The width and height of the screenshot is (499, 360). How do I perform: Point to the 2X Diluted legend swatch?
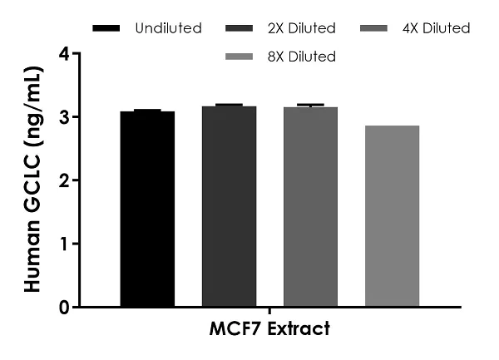[x=241, y=29]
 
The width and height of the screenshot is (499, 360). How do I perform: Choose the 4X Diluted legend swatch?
[x=376, y=29]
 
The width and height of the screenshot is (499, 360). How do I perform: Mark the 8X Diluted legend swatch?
[x=241, y=57]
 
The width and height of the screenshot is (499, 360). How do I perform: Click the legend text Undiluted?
[x=168, y=29]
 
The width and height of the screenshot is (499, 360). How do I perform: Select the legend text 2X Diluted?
[x=302, y=29]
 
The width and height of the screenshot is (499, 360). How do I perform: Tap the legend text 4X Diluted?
[x=436, y=29]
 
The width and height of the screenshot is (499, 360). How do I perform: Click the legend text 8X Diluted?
[x=302, y=57]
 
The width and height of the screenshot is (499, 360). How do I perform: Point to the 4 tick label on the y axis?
[x=63, y=54]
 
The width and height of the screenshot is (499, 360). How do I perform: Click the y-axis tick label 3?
[x=63, y=117]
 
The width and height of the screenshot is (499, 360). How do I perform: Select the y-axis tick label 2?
[x=63, y=180]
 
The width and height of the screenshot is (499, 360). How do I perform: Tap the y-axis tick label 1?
[x=63, y=244]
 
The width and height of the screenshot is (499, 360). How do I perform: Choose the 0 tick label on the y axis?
[x=63, y=307]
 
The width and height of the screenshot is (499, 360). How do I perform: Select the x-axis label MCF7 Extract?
[x=269, y=329]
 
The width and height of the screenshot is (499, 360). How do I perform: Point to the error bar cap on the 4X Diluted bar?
[x=310, y=105]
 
